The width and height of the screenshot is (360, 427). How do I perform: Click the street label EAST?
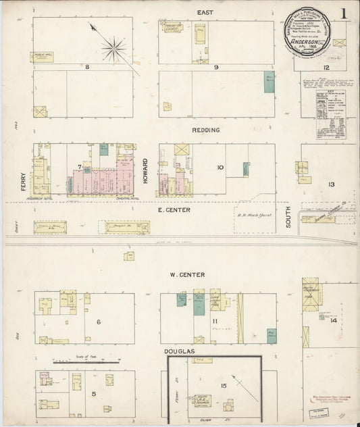[x=205, y=12]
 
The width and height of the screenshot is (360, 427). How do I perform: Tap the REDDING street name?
[x=205, y=129]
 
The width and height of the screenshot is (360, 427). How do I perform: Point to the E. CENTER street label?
[x=174, y=210]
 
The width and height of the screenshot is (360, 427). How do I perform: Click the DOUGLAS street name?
[x=179, y=352]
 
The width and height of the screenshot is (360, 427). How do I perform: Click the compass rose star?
[x=113, y=48]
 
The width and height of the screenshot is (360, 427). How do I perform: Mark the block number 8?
[x=87, y=67]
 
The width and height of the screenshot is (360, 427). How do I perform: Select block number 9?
[x=215, y=67]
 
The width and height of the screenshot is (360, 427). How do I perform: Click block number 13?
[x=331, y=184]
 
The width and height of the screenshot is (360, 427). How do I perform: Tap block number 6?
[x=98, y=322]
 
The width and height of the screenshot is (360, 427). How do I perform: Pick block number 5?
[x=94, y=393]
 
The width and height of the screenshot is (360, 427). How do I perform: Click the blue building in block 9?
[x=269, y=82]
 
